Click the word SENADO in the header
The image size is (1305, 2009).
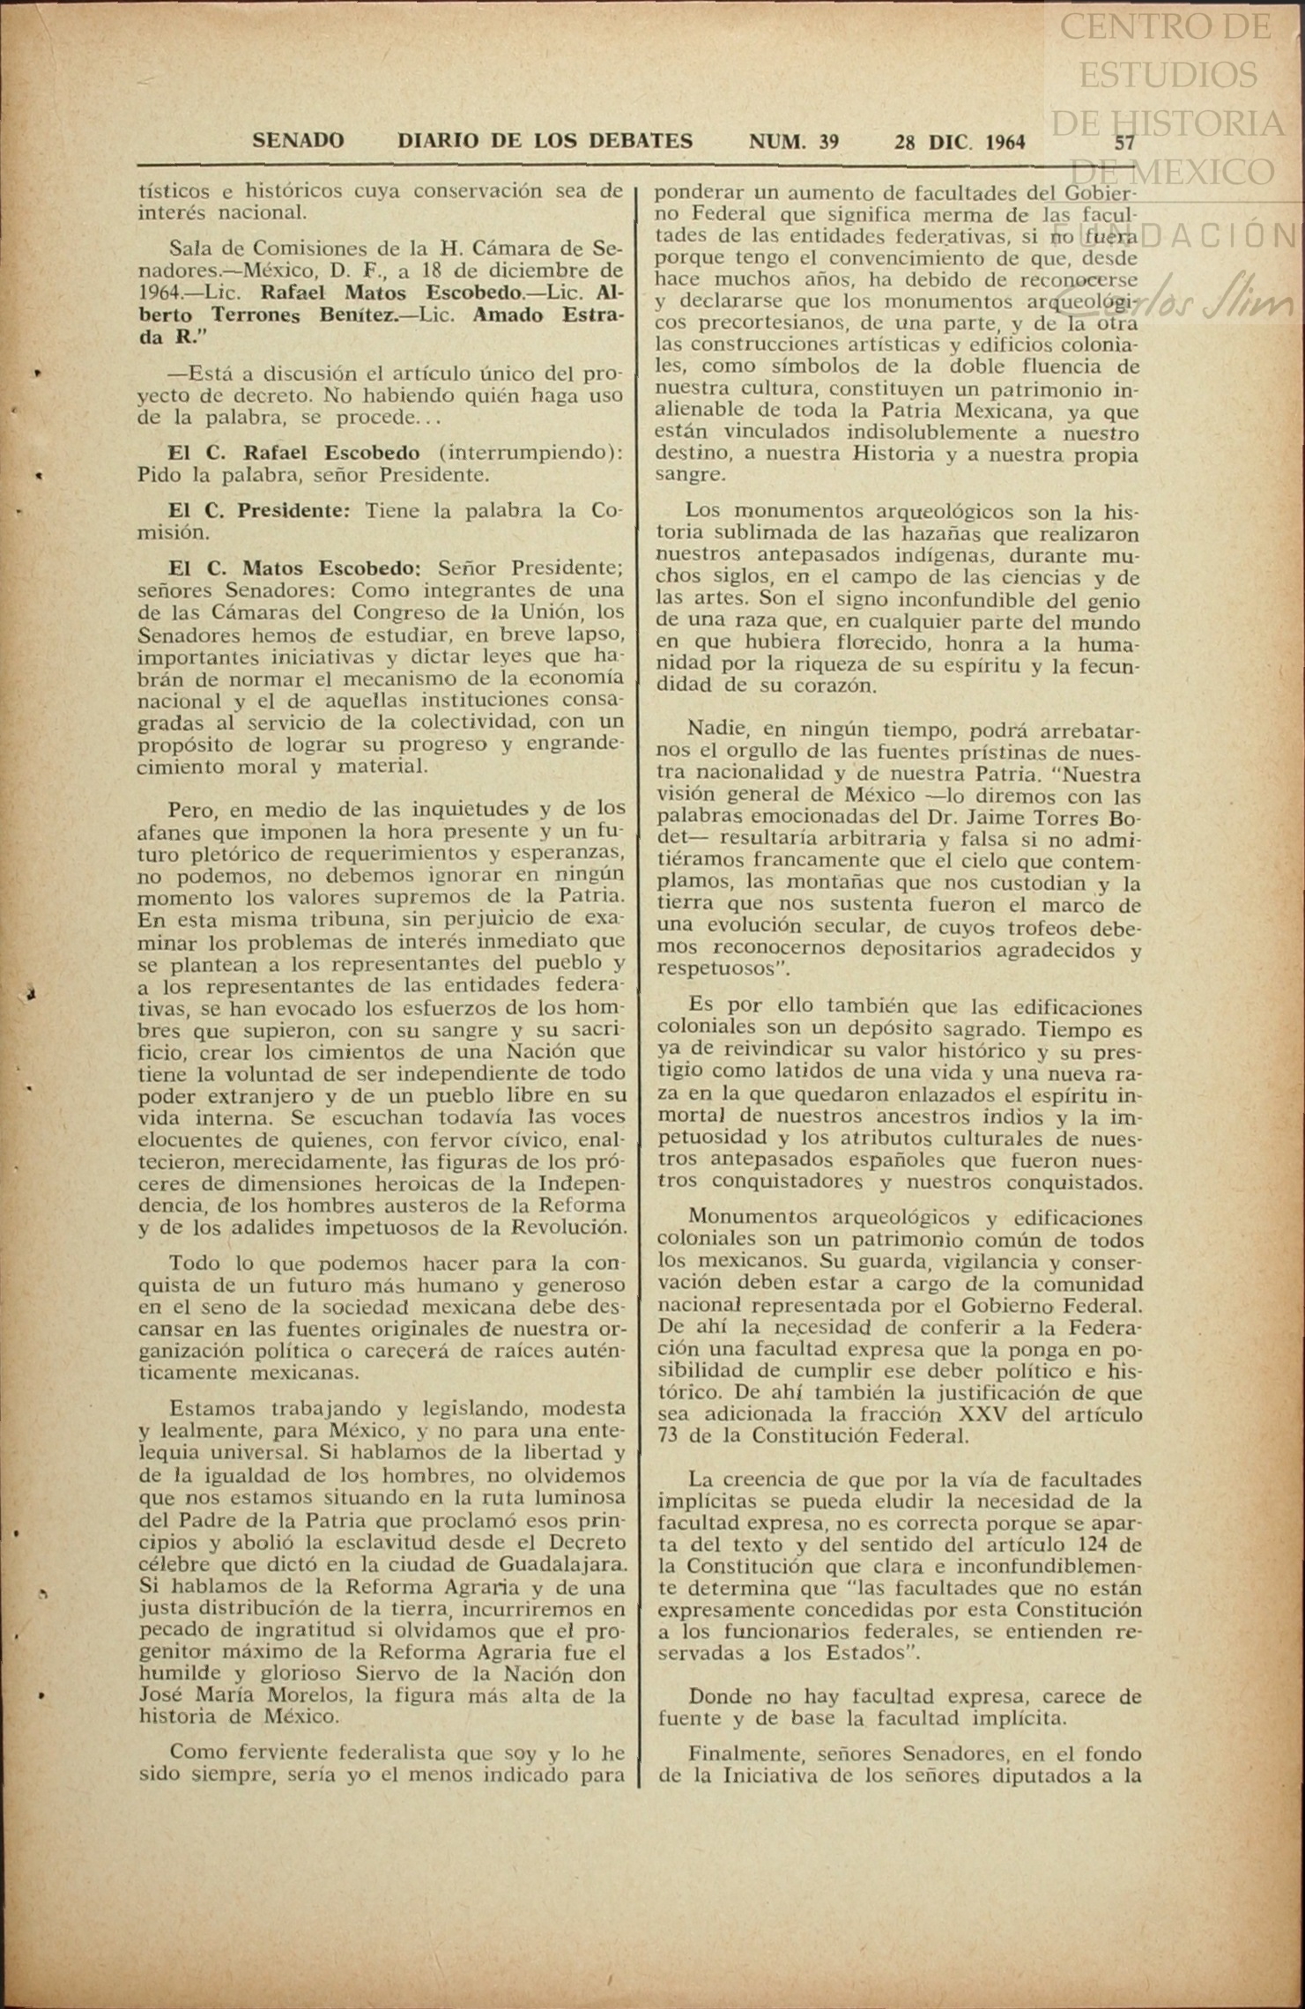pos(298,141)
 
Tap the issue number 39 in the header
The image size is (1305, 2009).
pos(827,142)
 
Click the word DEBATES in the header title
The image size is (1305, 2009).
pos(641,141)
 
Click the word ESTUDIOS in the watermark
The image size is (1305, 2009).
pos(1168,75)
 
